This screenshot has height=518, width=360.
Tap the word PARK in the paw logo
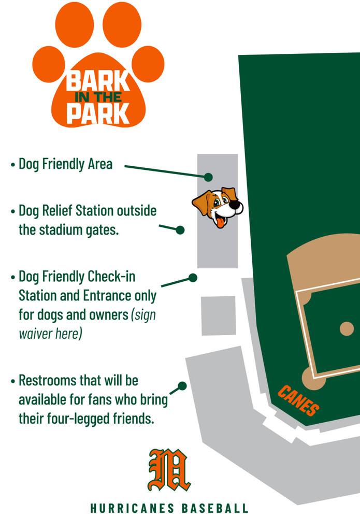click(x=98, y=113)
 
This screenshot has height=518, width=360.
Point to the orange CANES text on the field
click(x=298, y=400)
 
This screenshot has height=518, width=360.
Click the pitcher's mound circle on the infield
click(x=347, y=329)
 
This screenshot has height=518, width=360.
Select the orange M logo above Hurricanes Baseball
click(x=169, y=470)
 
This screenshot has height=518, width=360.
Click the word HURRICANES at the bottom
click(x=132, y=508)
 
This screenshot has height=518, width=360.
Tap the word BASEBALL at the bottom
click(x=214, y=508)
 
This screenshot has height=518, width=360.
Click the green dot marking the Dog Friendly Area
click(x=208, y=177)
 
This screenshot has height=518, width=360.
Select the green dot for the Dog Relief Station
click(x=180, y=230)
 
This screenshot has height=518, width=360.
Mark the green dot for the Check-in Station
click(x=193, y=278)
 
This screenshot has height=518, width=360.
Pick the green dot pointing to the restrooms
click(x=182, y=386)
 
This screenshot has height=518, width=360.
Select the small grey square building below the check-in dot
click(x=218, y=316)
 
